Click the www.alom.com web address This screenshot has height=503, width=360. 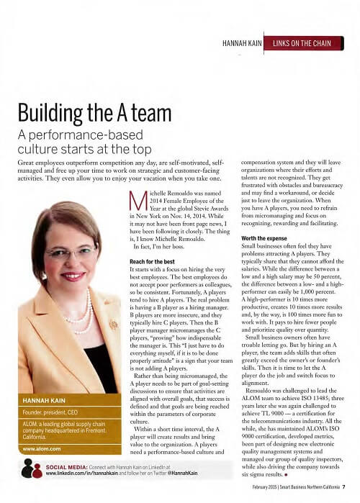(41, 448)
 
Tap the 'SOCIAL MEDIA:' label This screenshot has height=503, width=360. (68, 466)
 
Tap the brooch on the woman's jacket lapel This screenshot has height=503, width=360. (113, 326)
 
